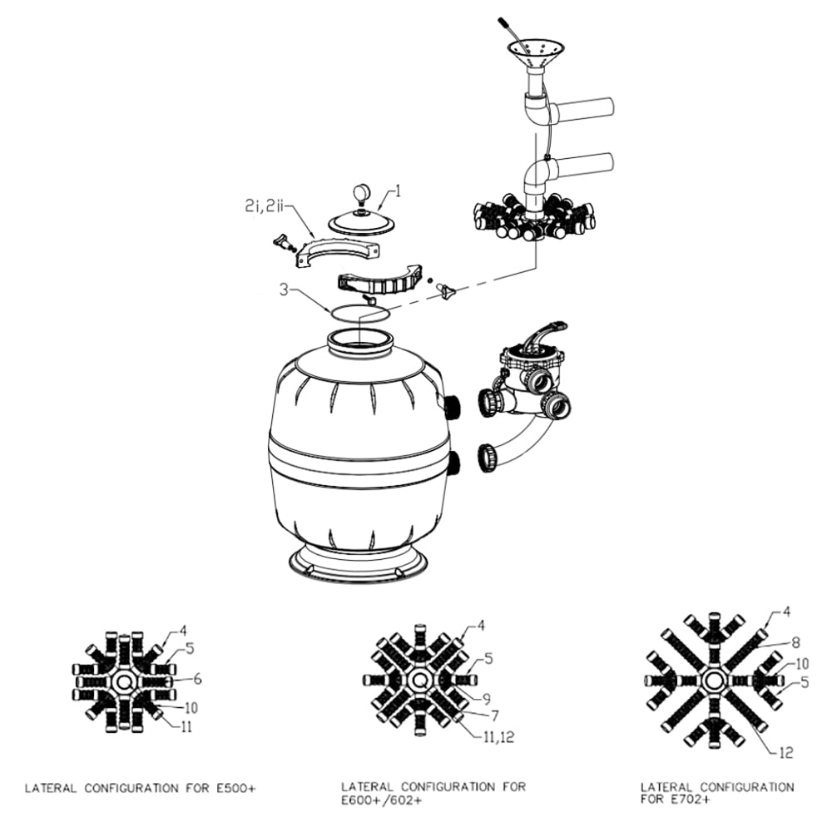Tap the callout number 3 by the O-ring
pos(285,290)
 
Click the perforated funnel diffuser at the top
pos(534,53)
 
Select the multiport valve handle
pos(542,334)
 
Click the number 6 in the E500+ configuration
pos(197,679)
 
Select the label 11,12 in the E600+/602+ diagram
pos(498,737)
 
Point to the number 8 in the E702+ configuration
pos(796,643)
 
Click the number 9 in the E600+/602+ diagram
pos(486,700)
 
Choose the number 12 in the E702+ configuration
pos(786,752)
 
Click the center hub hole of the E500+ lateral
pos(124,681)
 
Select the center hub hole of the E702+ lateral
pos(713,681)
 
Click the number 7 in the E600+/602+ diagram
pos(494,716)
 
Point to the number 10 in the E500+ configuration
pos(191,707)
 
